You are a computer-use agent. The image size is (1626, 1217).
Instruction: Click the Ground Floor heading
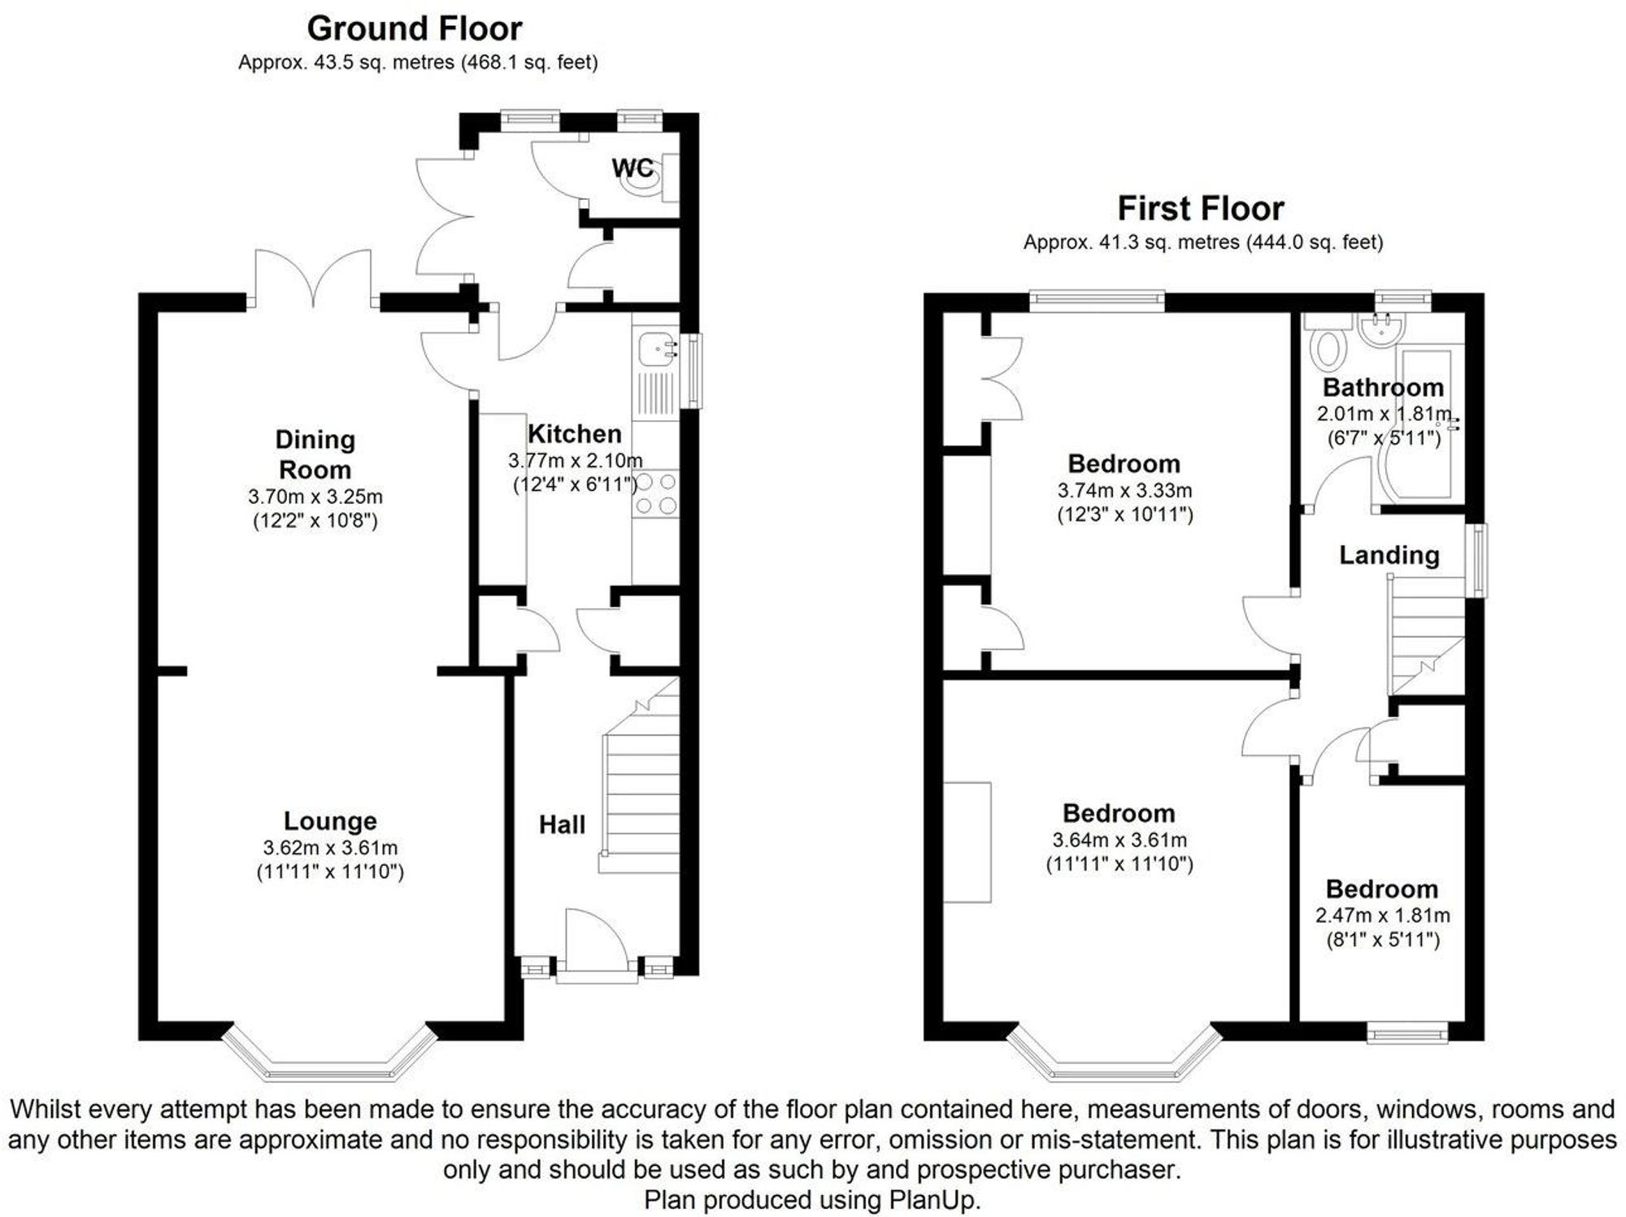[414, 29]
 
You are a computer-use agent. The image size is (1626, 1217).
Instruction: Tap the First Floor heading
[1200, 209]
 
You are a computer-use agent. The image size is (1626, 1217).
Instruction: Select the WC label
[632, 168]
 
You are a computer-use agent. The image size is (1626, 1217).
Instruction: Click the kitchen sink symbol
[656, 349]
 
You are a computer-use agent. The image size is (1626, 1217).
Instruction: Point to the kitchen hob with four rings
[656, 493]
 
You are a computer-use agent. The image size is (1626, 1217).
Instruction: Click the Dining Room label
[315, 454]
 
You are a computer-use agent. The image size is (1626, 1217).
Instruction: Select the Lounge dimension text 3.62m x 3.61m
[330, 848]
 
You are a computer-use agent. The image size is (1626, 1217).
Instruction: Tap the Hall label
[562, 825]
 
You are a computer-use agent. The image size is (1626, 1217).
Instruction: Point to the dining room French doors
[314, 278]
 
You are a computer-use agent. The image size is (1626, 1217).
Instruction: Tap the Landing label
[1389, 555]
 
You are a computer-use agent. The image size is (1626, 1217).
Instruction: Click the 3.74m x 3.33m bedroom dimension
[1124, 491]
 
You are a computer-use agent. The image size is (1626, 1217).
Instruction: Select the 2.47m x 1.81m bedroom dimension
[1382, 915]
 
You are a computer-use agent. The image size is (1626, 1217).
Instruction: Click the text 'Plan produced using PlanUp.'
[812, 1200]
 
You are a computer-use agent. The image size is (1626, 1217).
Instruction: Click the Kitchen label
[574, 433]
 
